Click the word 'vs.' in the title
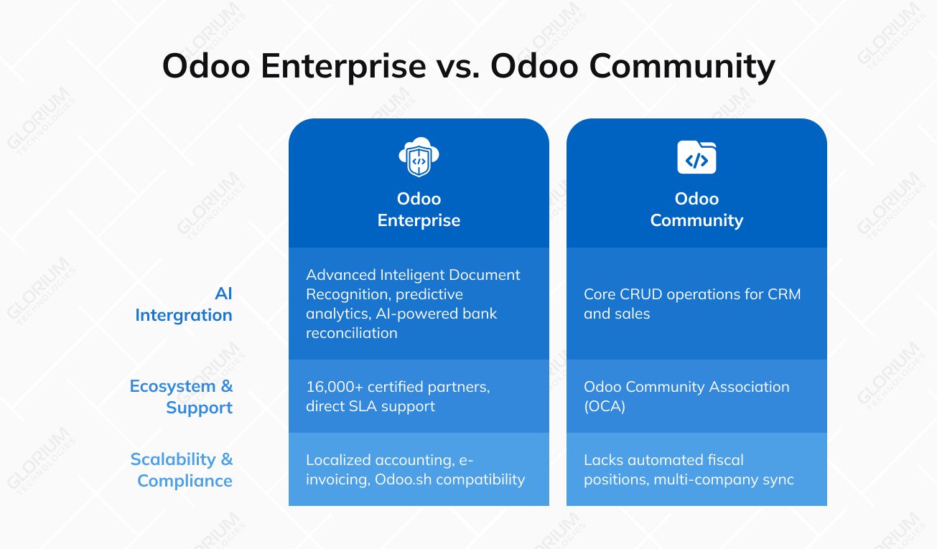coord(457,67)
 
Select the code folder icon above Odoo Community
coord(696,158)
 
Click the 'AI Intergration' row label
coord(184,304)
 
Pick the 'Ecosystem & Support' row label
coord(182,397)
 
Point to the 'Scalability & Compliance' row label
coord(182,470)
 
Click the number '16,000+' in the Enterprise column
coord(334,387)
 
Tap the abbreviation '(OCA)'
coord(605,406)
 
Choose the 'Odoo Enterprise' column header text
coord(419,210)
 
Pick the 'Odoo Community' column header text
coord(696,210)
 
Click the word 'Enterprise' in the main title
coord(343,67)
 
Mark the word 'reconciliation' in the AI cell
coord(351,333)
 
